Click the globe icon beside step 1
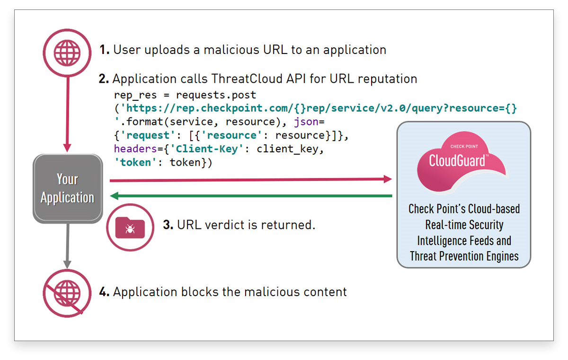tap(67, 53)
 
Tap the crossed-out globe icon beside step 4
tap(67, 293)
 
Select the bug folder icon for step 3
tap(130, 227)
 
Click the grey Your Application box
tap(68, 188)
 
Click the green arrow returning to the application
tap(251, 196)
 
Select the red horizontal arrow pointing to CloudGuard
tap(251, 180)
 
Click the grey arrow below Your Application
tap(67, 246)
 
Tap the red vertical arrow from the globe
tap(67, 114)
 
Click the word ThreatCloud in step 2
tap(247, 79)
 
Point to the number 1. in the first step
tap(105, 50)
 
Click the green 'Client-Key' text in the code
tap(207, 149)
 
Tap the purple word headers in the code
tap(136, 149)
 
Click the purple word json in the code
tap(306, 122)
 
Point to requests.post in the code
tap(216, 95)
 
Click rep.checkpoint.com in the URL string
tap(232, 108)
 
